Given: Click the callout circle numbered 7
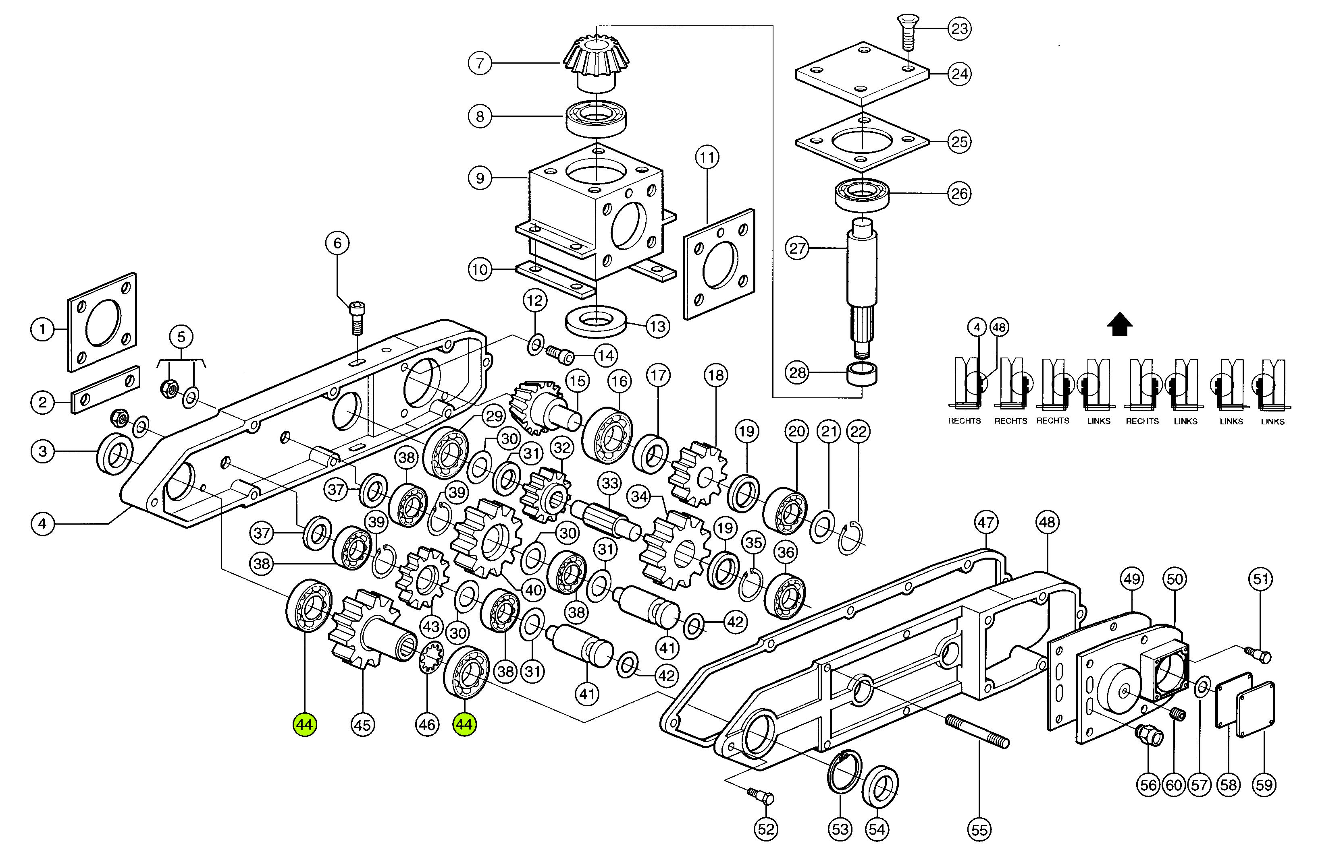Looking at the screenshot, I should (480, 63).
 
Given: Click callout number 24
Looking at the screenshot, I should (960, 74).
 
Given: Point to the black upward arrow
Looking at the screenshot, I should (1119, 325).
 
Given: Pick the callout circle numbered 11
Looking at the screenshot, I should (707, 157).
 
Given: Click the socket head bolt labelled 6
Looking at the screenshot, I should (357, 316).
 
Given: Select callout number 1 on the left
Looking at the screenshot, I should (42, 329).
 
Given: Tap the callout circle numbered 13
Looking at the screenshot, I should (657, 326).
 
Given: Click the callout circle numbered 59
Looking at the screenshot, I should (1264, 785).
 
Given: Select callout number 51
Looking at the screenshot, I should (1261, 579).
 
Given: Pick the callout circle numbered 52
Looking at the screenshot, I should (766, 829).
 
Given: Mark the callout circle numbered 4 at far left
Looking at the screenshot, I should (42, 524).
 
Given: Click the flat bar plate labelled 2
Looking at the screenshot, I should (106, 389).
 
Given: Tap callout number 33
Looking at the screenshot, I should (610, 483).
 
